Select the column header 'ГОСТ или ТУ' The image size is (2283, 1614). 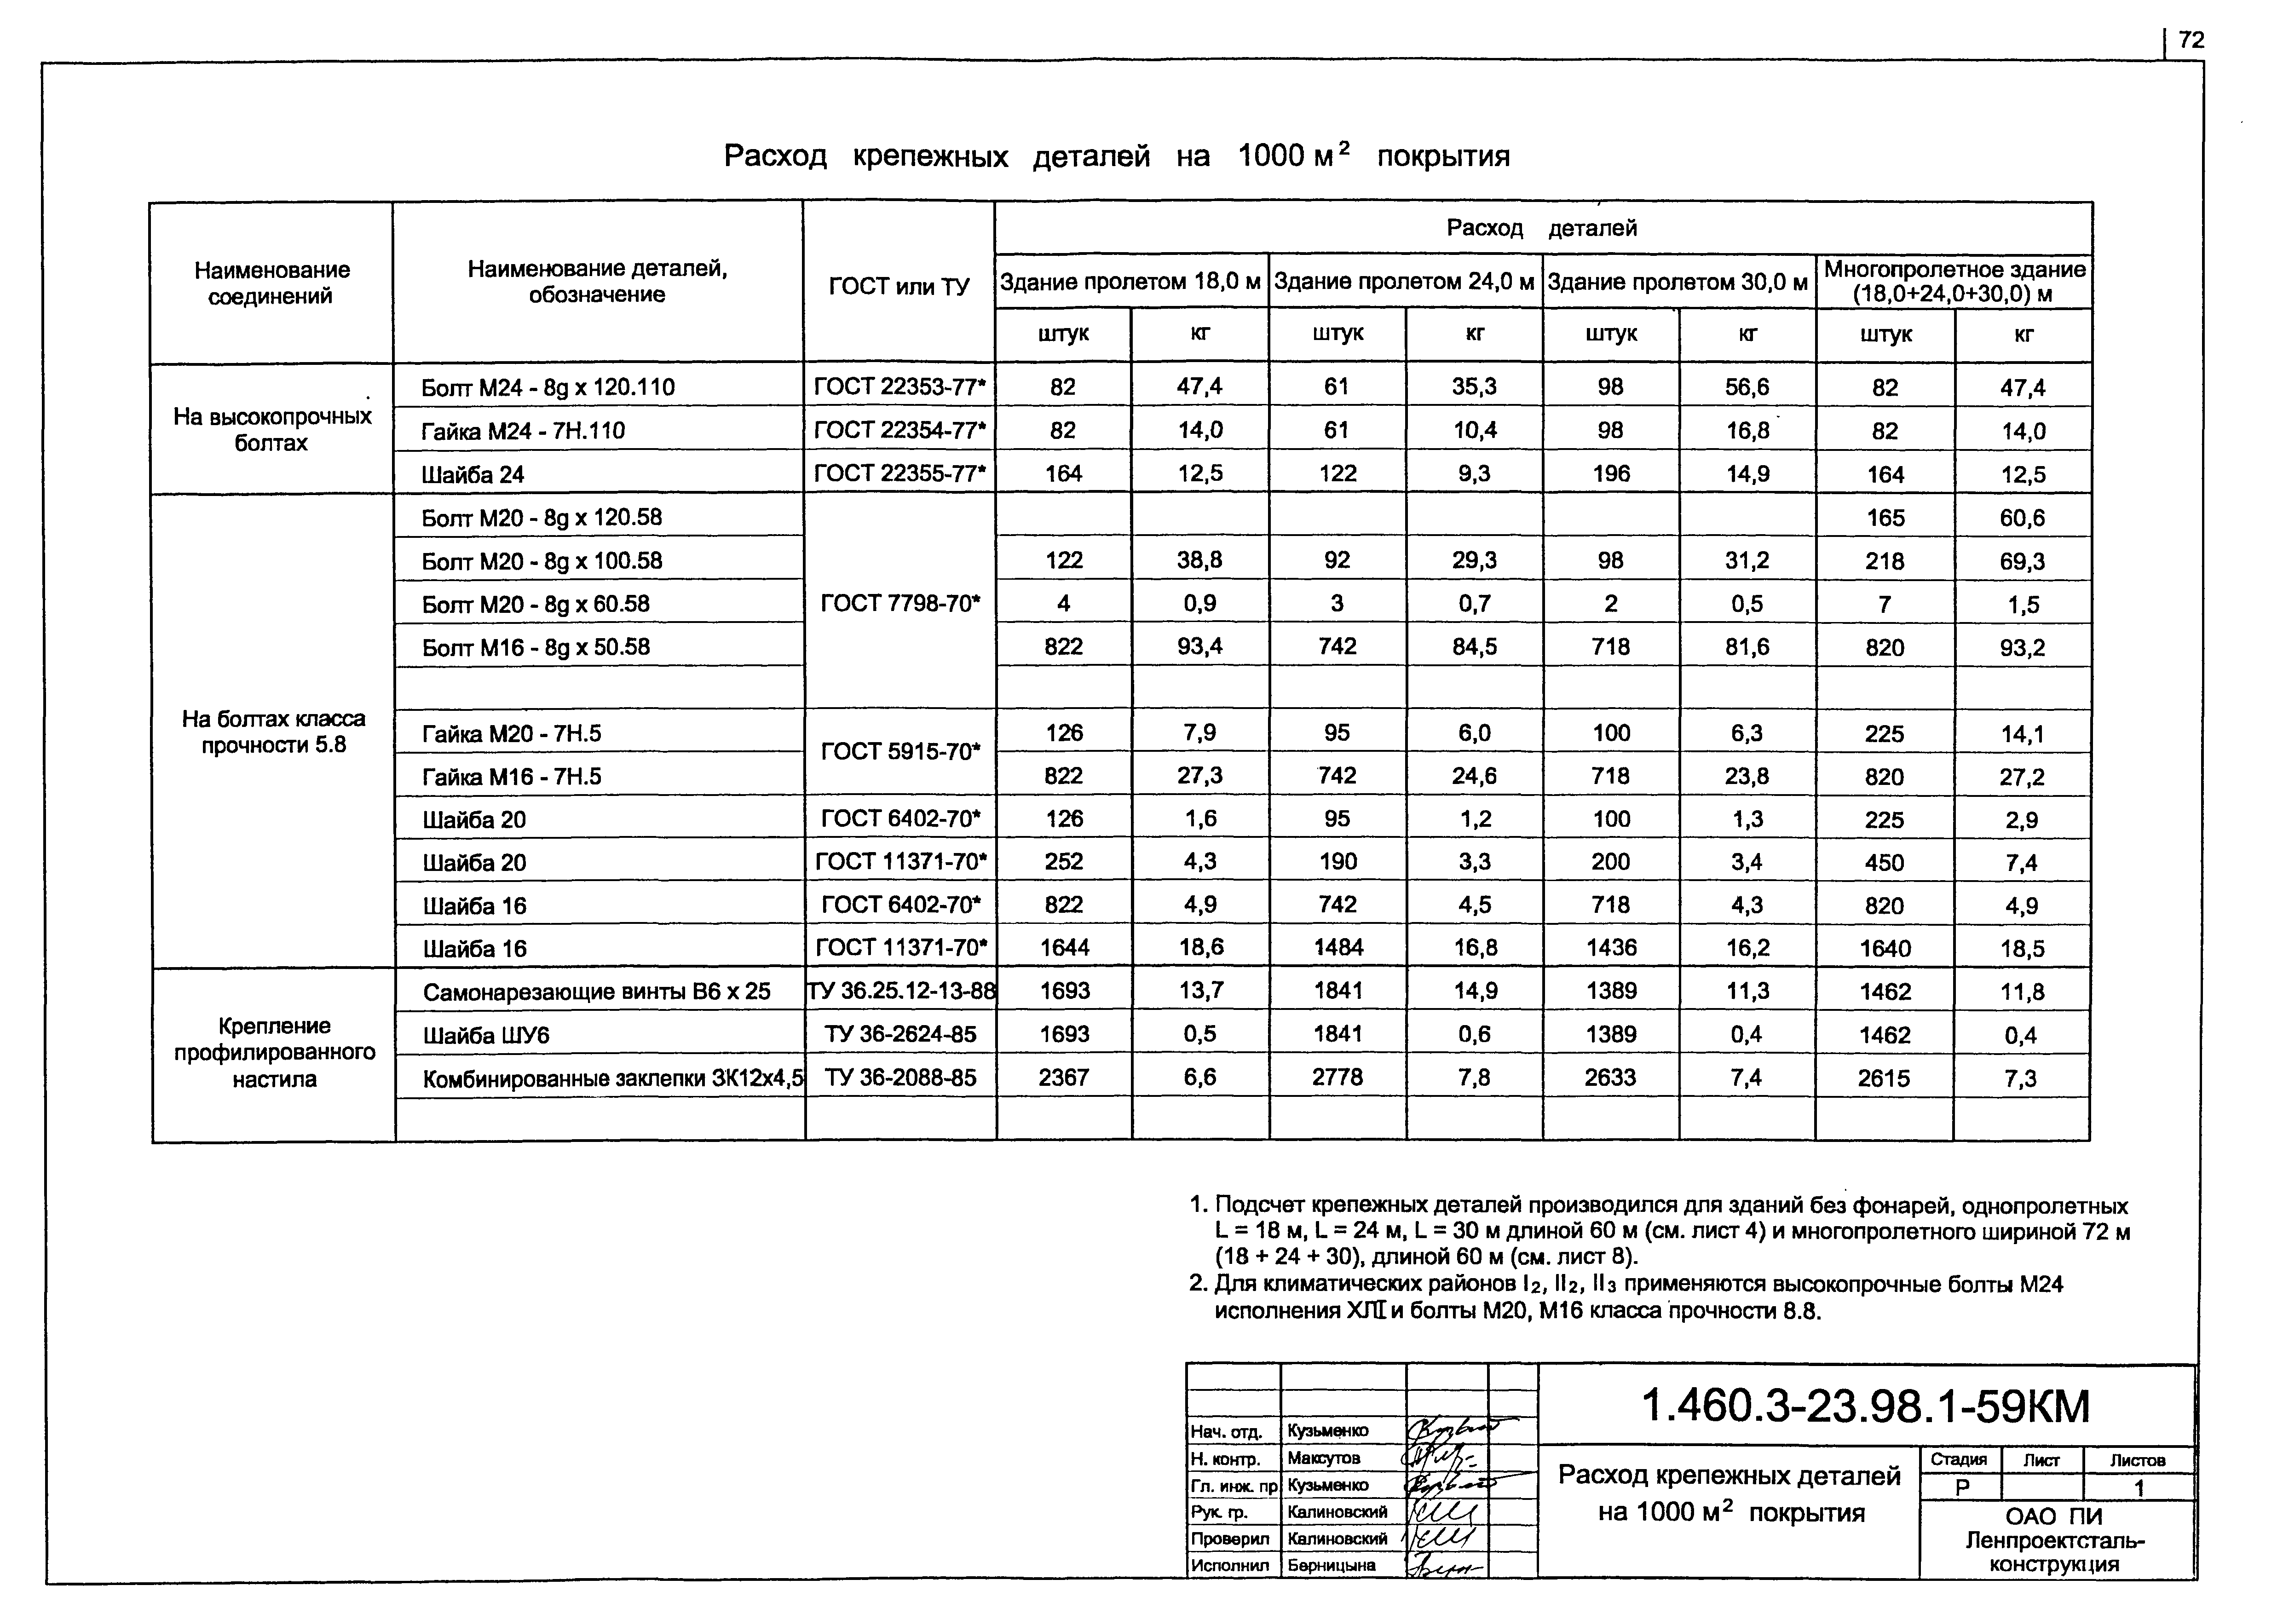tap(899, 286)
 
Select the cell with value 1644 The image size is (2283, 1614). tap(1064, 948)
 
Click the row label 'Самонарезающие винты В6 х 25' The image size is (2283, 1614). tap(597, 991)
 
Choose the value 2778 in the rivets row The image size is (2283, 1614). tap(1338, 1077)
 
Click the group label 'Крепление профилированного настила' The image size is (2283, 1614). tap(274, 1052)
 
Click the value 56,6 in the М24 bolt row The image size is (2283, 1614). tap(1747, 387)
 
